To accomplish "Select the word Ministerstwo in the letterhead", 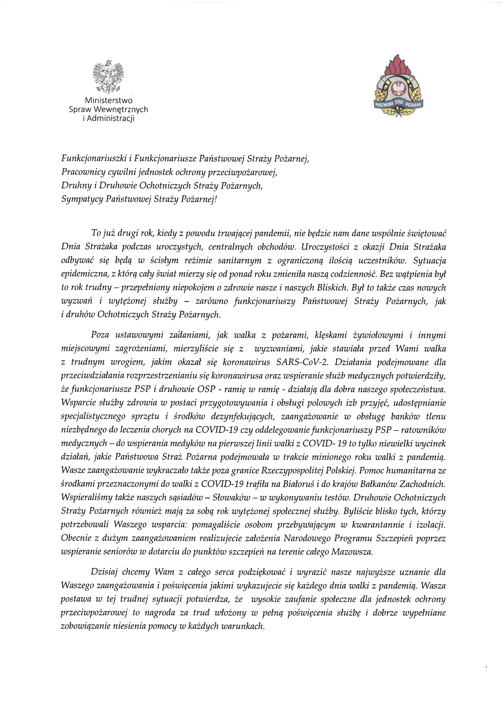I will click(109, 100).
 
